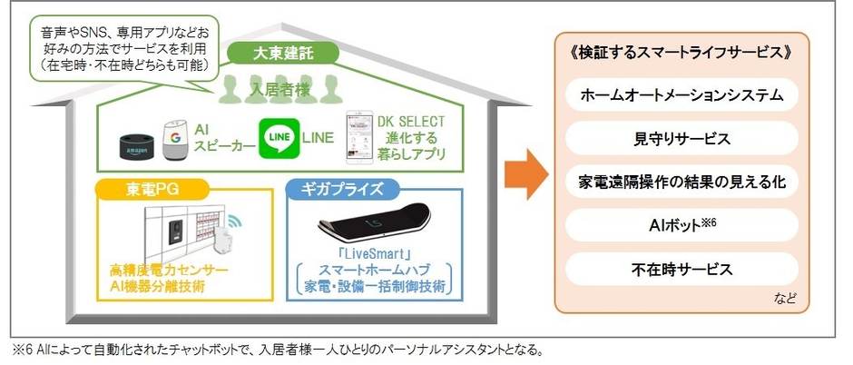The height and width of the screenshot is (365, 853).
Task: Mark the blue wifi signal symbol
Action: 235,222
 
